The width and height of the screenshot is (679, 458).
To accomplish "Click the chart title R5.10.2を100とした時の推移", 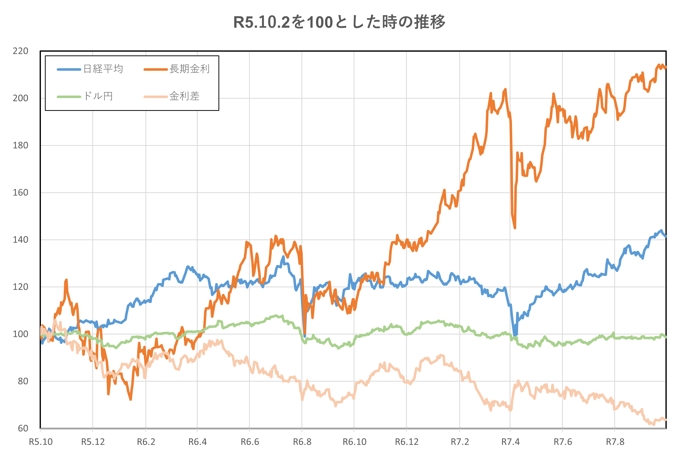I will [339, 22].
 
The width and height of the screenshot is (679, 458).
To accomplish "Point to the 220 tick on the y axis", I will [21, 51].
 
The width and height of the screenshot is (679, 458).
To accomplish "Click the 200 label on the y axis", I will [21, 98].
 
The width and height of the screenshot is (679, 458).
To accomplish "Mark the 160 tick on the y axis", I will [21, 192].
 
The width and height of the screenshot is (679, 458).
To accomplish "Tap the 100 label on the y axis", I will [21, 334].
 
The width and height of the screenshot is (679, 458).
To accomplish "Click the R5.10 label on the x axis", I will [41, 442].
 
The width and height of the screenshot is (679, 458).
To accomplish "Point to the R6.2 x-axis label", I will [146, 442].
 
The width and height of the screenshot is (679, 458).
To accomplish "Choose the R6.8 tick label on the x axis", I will [302, 442].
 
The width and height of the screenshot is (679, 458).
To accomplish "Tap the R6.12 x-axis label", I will [407, 442].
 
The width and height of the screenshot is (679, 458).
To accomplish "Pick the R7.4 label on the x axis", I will [510, 442].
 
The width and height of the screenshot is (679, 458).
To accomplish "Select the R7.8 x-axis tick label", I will [615, 442].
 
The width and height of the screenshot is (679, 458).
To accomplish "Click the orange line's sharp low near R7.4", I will [515, 228].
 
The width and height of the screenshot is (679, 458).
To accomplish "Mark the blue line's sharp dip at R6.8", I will [305, 336].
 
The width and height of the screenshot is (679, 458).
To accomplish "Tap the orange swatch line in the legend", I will [156, 69].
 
